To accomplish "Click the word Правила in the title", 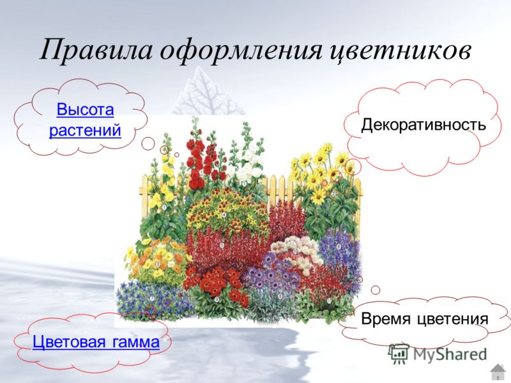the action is (x=96, y=49).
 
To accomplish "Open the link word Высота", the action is (x=86, y=110).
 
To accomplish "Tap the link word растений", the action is (x=85, y=130).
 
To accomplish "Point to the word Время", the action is (x=386, y=318).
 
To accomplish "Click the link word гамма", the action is (x=136, y=343).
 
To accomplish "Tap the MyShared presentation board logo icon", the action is (x=399, y=354).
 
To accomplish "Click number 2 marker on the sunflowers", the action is (x=333, y=194).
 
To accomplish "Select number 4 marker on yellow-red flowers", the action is (x=224, y=215).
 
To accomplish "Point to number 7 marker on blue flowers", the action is (x=152, y=298).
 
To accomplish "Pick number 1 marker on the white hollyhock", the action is (x=244, y=184).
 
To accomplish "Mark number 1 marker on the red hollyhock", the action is (x=201, y=172).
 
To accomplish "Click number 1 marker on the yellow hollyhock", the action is (x=164, y=207).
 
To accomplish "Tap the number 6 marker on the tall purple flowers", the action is (x=339, y=246).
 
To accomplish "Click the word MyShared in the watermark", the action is (x=450, y=354).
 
